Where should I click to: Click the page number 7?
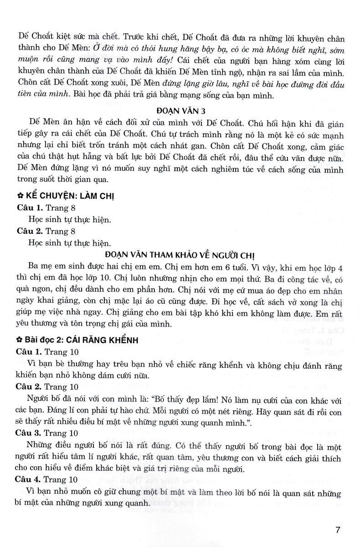pos(338,530)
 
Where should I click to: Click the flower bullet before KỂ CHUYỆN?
pos(19,196)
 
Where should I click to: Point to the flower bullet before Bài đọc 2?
pos(19,339)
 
